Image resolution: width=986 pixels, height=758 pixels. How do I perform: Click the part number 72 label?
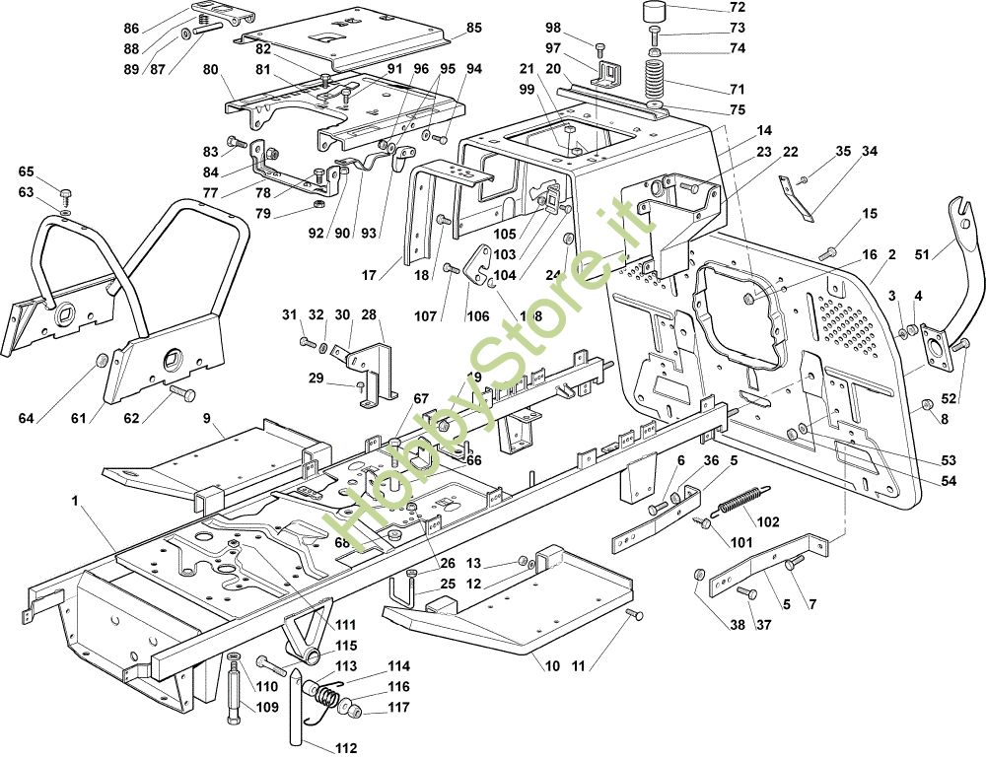[x=738, y=8]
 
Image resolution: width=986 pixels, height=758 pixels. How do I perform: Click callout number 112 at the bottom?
[x=344, y=748]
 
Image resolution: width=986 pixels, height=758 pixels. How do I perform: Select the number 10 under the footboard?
[x=551, y=666]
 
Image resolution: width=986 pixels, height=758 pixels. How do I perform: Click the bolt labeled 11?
[x=634, y=615]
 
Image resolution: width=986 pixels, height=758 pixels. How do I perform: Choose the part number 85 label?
[x=474, y=29]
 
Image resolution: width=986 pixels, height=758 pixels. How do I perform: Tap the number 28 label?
[x=369, y=314]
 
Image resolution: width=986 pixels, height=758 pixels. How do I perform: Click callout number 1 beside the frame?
[x=75, y=502]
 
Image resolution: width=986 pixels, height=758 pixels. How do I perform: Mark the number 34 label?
[x=869, y=152]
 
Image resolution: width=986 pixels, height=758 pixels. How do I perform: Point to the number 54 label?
[x=948, y=480]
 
